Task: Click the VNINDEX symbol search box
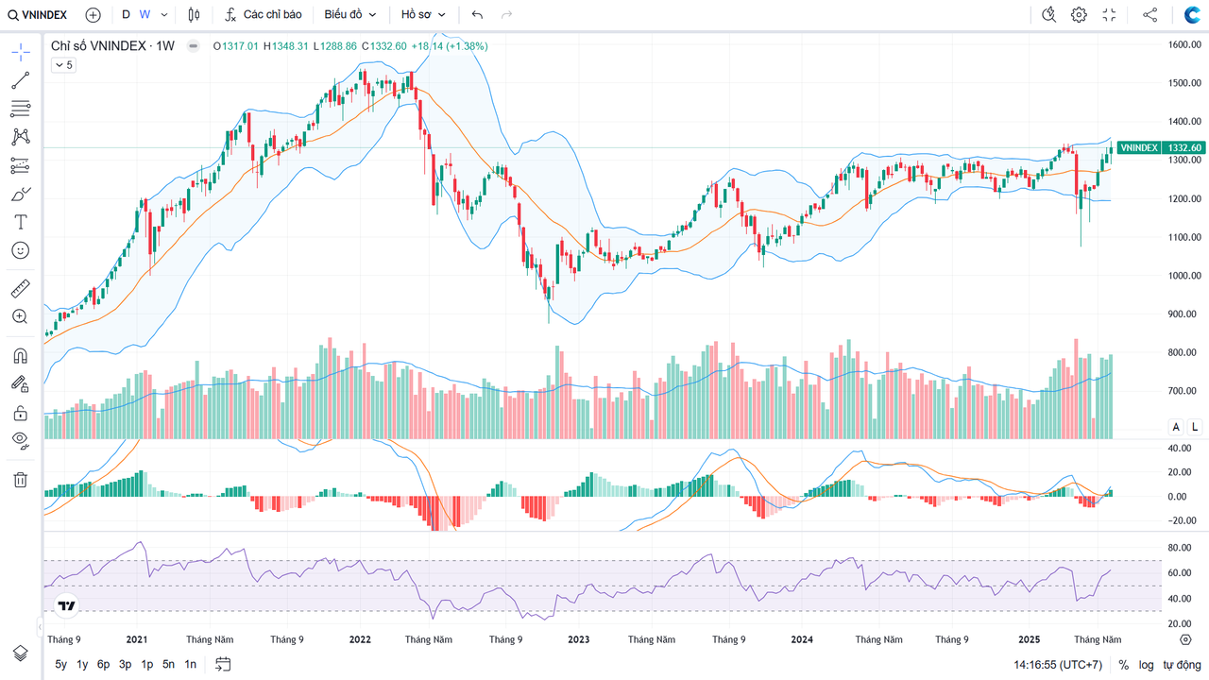tap(38, 15)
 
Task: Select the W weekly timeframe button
tap(145, 15)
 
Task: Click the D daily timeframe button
tap(126, 15)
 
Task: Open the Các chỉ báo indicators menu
tap(264, 15)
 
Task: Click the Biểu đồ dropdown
tap(349, 15)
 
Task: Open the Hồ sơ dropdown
tap(421, 15)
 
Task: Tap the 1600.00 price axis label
tap(1183, 44)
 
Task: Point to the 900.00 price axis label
tap(1183, 314)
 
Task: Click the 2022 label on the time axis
tap(360, 639)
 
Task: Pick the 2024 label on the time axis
tap(802, 639)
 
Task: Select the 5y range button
tap(60, 665)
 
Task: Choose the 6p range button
tap(103, 665)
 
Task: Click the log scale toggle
tap(1146, 665)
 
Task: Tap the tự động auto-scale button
tap(1182, 665)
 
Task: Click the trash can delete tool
tap(20, 480)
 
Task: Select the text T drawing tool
tap(20, 222)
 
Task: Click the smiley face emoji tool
tap(20, 250)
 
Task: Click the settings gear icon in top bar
tap(1079, 15)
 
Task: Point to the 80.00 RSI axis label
tap(1178, 548)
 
